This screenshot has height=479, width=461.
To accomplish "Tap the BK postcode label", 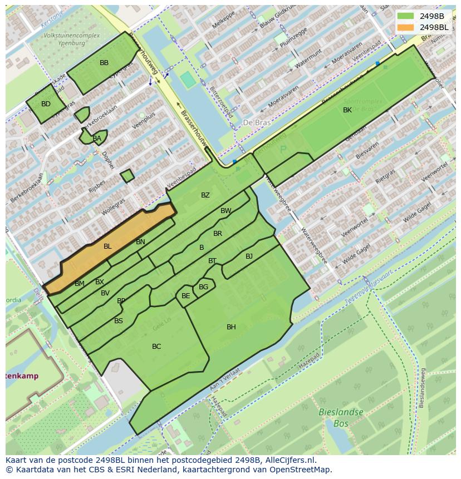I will [347, 110].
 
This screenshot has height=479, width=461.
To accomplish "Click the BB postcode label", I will [104, 63].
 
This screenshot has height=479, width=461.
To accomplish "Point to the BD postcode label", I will [46, 104].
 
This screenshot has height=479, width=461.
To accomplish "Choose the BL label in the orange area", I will [107, 246].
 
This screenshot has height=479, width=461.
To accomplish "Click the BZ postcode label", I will [205, 195].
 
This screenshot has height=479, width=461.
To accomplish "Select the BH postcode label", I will [231, 327].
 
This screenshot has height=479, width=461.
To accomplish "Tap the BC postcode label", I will [156, 347].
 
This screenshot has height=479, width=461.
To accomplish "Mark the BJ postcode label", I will [249, 256].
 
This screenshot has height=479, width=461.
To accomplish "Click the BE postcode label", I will [185, 296].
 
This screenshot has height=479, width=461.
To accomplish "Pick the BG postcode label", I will [203, 287].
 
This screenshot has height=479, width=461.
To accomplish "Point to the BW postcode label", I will [225, 211].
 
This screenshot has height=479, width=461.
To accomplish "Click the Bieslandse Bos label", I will [341, 417].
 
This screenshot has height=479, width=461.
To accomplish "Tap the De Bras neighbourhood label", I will [256, 122].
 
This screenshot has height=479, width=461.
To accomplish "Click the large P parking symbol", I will [283, 150].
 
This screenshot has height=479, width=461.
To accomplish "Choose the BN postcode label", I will [140, 242].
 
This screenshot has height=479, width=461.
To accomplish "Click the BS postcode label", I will [119, 321].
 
